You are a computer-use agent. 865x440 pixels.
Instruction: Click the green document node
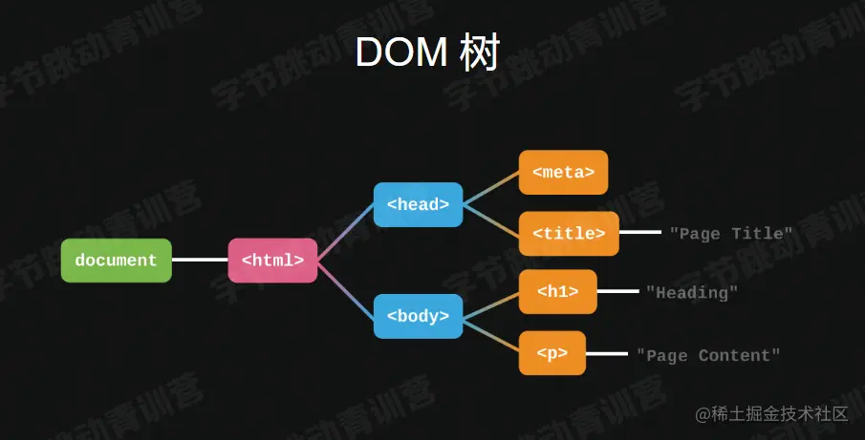116,261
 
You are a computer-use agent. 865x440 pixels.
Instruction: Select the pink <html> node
272,261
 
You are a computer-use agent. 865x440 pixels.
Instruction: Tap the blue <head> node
418,204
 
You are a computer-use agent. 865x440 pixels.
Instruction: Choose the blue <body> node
418,316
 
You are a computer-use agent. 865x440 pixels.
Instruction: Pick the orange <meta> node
563,173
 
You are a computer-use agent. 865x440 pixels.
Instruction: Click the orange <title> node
569,234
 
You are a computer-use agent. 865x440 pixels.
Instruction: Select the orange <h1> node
557,292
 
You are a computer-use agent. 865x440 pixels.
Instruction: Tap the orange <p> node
551,353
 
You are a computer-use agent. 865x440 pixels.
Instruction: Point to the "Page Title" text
731,234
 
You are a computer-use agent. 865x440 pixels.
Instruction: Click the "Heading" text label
692,293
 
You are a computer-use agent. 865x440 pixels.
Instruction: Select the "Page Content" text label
708,355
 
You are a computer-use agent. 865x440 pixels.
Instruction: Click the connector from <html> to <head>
345,232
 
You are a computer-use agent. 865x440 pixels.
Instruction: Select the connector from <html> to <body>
345,288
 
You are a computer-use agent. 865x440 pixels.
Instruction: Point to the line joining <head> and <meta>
490,188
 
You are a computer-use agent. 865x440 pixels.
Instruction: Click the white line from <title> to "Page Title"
640,233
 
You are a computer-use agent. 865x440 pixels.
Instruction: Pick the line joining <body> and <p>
490,335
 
